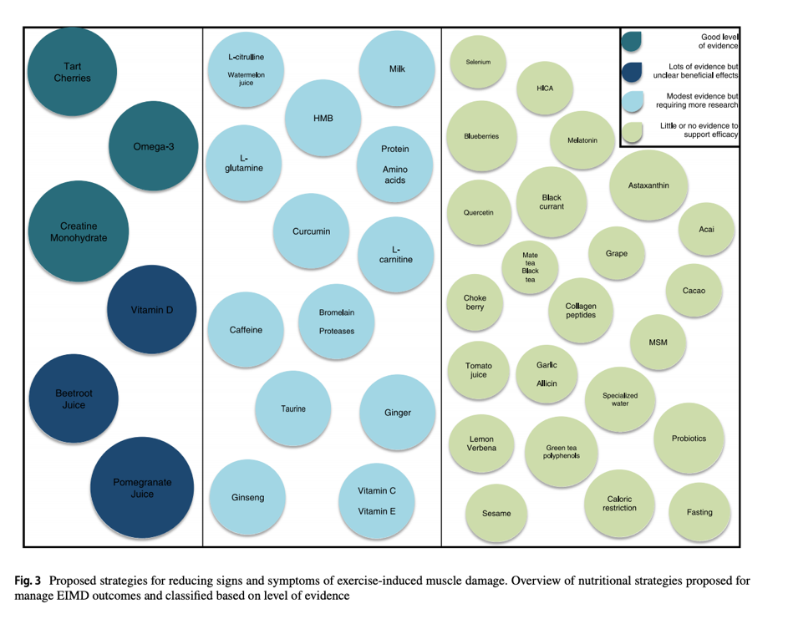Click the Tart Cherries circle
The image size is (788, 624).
(x=72, y=72)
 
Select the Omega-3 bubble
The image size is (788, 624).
(x=153, y=147)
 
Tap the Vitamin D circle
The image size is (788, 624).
(x=151, y=310)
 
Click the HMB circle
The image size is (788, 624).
(x=323, y=119)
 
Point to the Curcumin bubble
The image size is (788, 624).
(x=311, y=231)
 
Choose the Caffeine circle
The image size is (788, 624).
(x=246, y=330)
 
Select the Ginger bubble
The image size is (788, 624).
(x=398, y=413)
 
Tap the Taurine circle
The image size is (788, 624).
(x=293, y=408)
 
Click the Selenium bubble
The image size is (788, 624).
(x=478, y=63)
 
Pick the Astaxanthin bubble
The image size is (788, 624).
(x=648, y=186)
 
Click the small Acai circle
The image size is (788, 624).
(x=706, y=229)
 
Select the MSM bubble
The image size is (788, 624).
(x=658, y=342)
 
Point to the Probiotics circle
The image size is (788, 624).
(x=689, y=439)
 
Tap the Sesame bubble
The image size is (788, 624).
(x=496, y=513)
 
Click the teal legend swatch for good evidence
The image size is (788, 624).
(x=632, y=39)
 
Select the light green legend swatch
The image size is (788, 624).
(x=632, y=130)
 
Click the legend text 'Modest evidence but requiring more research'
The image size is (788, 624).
(x=696, y=101)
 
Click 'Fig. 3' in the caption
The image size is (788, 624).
(x=28, y=580)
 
